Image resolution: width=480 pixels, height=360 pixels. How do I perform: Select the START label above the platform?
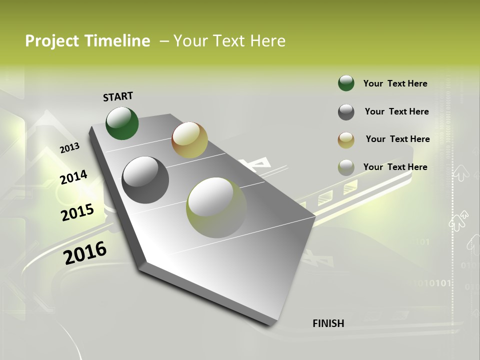click(x=118, y=96)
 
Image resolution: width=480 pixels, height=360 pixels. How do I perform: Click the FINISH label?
click(x=328, y=323)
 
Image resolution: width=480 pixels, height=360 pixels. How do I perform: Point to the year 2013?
click(x=69, y=148)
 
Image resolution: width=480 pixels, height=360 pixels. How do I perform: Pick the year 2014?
click(x=73, y=177)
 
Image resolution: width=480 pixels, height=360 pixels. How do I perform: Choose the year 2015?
click(x=77, y=212)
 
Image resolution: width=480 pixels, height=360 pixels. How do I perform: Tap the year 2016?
click(x=85, y=252)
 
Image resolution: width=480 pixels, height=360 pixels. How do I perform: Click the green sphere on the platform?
click(x=122, y=123)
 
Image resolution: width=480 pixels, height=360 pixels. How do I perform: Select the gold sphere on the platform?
click(x=189, y=139)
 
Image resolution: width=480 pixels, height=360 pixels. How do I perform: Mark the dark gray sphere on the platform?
click(x=145, y=180)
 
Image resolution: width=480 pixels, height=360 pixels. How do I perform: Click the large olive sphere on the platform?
click(x=216, y=207)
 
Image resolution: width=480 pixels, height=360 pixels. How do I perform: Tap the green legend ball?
click(x=346, y=83)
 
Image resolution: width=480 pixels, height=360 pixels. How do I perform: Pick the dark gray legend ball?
click(x=346, y=112)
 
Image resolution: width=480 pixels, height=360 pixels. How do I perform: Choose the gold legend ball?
click(x=346, y=140)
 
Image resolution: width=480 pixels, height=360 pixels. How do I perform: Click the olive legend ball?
click(x=346, y=167)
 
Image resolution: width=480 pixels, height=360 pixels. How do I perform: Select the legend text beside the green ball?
click(x=395, y=83)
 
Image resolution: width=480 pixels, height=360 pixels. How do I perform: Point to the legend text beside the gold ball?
click(x=397, y=139)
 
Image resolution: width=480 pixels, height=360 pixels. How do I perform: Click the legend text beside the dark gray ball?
click(x=396, y=111)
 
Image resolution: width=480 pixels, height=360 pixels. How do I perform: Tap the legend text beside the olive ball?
click(x=395, y=167)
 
